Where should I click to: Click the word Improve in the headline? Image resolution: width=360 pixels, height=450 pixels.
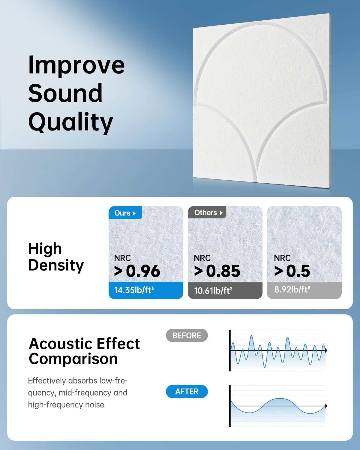click(x=76, y=65)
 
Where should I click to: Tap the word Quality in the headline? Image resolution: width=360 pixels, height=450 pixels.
click(x=70, y=122)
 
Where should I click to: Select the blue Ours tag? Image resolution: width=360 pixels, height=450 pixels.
click(x=125, y=213)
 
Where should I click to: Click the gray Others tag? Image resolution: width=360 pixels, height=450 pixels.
click(x=207, y=212)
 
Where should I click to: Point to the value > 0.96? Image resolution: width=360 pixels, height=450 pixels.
click(x=137, y=271)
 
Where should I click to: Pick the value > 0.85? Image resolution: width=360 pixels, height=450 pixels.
click(x=217, y=271)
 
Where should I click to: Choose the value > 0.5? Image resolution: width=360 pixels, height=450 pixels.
click(x=292, y=271)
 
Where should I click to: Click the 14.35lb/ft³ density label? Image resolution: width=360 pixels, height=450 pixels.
click(x=134, y=290)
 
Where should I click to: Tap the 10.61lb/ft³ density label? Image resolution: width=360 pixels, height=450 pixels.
click(x=213, y=290)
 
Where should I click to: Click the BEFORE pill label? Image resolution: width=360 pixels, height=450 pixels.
click(x=187, y=335)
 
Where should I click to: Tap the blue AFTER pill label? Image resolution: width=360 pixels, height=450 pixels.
click(x=187, y=391)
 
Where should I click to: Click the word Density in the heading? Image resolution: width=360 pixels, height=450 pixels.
click(x=56, y=265)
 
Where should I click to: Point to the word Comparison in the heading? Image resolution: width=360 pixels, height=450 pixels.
click(x=73, y=359)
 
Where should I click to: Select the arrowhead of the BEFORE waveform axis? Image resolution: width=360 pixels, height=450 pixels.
click(x=326, y=350)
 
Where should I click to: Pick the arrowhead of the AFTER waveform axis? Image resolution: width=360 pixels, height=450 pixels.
click(x=326, y=406)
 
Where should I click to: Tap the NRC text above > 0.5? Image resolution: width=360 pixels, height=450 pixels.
click(x=282, y=258)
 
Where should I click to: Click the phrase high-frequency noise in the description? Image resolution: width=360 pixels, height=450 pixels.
click(x=66, y=405)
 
